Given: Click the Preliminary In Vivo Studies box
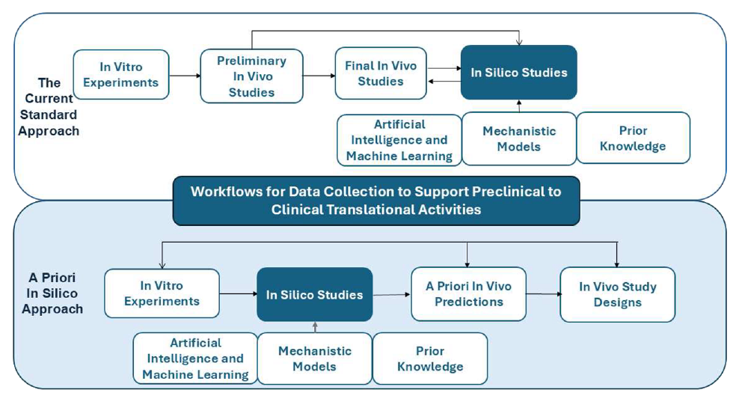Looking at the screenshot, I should tap(251, 76).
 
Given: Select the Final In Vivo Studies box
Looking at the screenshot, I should tap(381, 73).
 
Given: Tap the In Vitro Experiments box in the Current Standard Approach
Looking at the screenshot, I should tap(121, 75).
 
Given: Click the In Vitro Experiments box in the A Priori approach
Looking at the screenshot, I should tap(162, 293).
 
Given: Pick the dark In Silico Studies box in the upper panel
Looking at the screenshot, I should tap(518, 73).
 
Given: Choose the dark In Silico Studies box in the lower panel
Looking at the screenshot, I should tap(314, 295).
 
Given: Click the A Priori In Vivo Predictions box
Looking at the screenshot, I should tap(468, 294).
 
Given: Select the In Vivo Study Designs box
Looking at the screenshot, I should tap(617, 295).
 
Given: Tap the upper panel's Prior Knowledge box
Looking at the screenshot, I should tap(633, 138).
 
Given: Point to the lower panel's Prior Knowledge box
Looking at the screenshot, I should tap(430, 359).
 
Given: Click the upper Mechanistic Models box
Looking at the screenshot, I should tap(519, 138).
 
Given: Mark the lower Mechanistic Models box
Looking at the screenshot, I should tap(314, 359).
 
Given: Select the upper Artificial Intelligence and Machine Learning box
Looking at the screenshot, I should tap(399, 140).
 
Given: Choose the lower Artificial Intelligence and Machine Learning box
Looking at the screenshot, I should tap(195, 359).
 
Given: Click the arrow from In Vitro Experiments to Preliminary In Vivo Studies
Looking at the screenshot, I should tap(184, 76).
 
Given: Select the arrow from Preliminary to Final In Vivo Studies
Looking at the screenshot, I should tap(319, 76).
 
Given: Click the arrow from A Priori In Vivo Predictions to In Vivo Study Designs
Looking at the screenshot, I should tap(544, 294).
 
